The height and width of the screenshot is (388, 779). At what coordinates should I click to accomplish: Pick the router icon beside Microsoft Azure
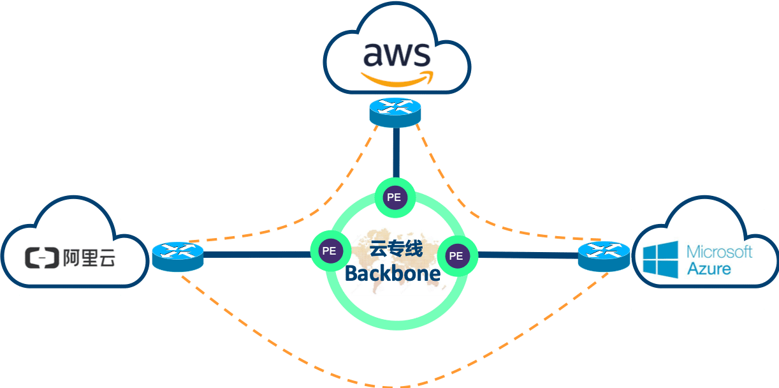click(x=603, y=255)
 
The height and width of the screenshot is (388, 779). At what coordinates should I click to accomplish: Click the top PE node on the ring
click(x=394, y=197)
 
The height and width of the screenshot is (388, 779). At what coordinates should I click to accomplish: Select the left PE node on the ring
click(x=329, y=251)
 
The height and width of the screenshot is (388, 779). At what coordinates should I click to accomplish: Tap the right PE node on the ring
click(x=456, y=255)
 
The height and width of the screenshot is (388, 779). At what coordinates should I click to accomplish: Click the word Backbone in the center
click(x=393, y=274)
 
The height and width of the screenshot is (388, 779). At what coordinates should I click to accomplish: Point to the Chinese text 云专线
click(x=396, y=248)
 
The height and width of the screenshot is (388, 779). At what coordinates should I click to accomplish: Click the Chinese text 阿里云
click(x=89, y=258)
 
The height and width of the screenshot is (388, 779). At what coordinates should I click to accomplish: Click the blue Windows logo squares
click(x=660, y=258)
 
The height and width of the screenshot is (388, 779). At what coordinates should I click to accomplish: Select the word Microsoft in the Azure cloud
click(x=719, y=251)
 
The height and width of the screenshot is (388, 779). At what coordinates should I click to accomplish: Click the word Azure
click(x=708, y=268)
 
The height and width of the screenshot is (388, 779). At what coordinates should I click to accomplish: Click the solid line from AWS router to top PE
click(x=395, y=153)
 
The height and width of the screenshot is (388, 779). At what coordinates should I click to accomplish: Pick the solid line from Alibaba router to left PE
click(x=255, y=255)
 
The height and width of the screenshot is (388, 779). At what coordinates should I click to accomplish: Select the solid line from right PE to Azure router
click(x=528, y=255)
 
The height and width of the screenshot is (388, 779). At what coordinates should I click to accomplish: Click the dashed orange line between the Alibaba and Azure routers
click(x=395, y=386)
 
